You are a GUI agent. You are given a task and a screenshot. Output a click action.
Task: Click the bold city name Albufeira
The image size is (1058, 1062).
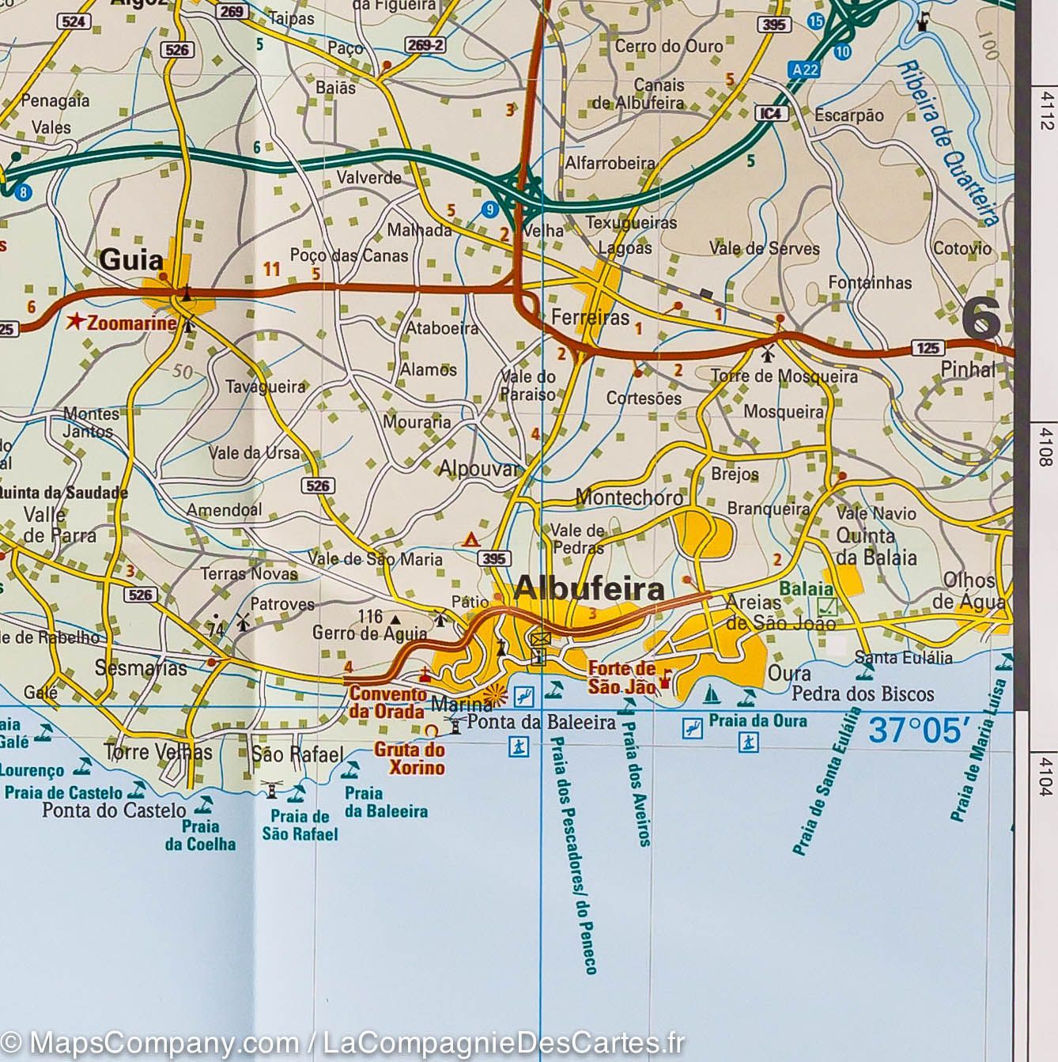coord(589,589)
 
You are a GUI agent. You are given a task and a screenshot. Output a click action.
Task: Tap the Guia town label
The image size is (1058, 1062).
coord(131,259)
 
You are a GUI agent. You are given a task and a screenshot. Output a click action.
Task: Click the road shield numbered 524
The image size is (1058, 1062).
coord(74,21)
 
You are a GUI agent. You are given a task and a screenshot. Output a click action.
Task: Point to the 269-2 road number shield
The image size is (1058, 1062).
coord(425,45)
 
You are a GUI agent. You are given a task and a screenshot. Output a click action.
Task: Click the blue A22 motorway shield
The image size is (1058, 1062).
coord(803,70)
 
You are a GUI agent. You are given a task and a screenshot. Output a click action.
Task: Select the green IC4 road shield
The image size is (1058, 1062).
coord(771,114)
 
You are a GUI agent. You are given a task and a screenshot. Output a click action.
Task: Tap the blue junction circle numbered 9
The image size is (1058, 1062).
coord(490,210)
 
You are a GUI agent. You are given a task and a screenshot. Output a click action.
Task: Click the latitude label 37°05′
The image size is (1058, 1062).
coord(919,729)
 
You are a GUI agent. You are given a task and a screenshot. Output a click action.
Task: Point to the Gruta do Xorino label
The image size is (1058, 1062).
coord(409,758)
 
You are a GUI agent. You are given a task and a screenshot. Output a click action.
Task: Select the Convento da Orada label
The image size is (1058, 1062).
coord(387,701)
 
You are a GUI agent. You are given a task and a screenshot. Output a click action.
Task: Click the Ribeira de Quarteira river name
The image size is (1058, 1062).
coord(947,144)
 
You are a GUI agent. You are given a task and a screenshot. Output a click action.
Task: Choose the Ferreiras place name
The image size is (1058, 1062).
coord(590,318)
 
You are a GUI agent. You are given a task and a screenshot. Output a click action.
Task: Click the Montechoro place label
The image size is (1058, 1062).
coord(629,497)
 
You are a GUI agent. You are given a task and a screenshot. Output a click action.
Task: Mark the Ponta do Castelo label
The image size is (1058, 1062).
coord(114,810)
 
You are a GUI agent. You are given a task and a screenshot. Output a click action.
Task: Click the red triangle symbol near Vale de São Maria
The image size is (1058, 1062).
coord(470,540)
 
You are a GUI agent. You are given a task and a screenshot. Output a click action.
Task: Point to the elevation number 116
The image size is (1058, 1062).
coord(370,616)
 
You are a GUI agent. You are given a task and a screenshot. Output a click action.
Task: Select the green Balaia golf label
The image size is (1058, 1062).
coord(806,589)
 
